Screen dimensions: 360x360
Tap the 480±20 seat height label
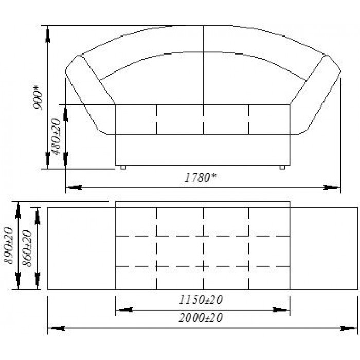(56, 137)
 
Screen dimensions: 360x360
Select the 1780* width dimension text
(201, 177)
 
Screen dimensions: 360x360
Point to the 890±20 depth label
(8, 245)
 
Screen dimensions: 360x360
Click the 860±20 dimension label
(27, 248)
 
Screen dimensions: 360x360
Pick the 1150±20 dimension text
(201, 300)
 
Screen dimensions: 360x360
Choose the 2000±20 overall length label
(201, 318)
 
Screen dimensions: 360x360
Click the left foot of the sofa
(123, 167)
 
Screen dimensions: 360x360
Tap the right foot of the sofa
(282, 167)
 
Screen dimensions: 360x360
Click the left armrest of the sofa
(89, 94)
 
